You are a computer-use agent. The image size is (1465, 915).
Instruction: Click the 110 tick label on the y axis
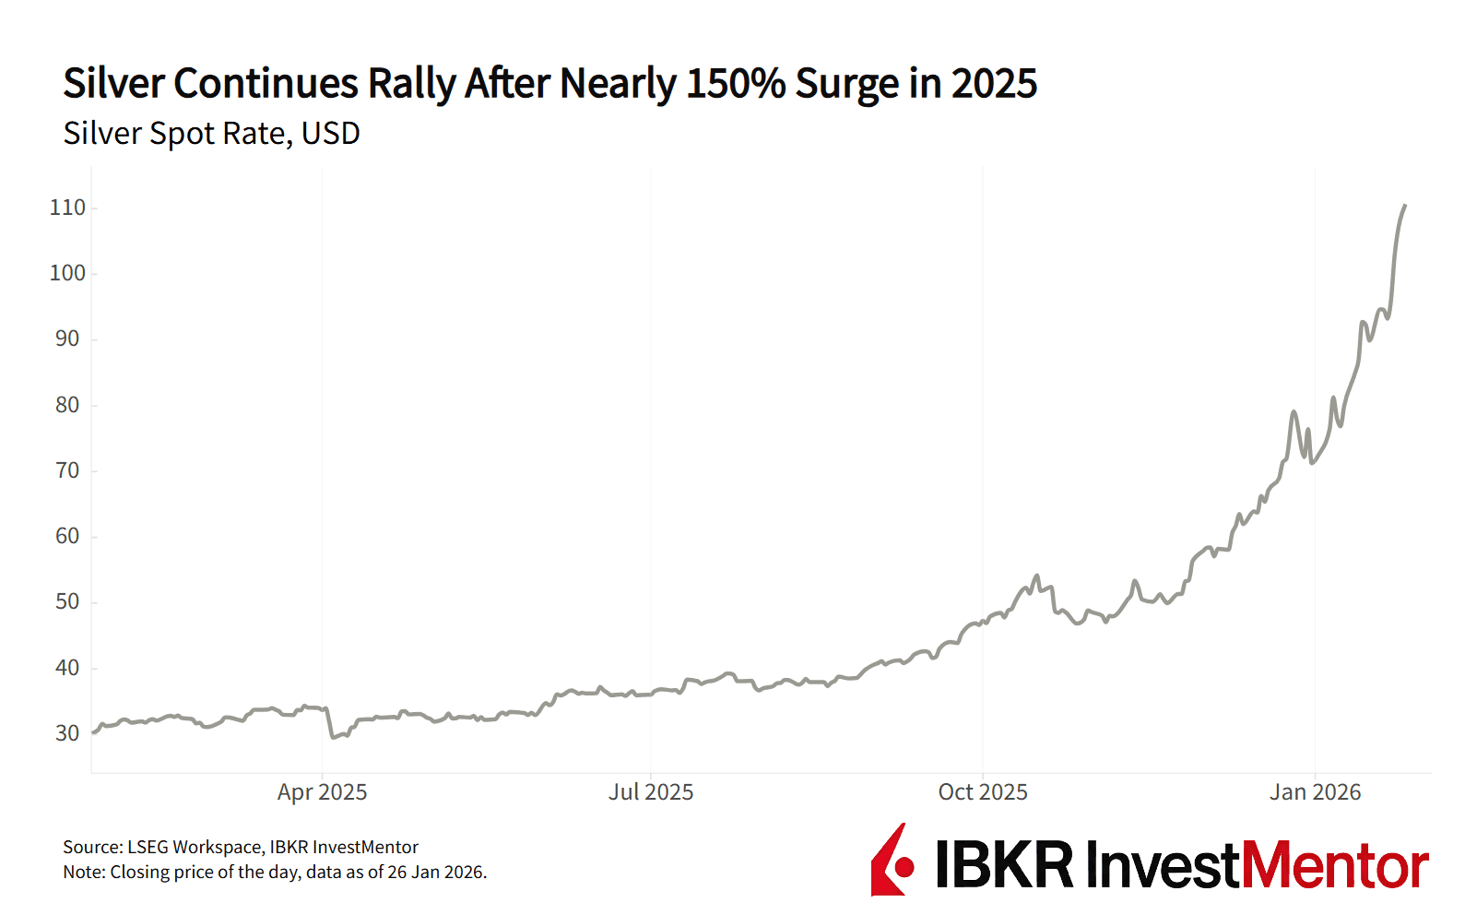[x=67, y=208]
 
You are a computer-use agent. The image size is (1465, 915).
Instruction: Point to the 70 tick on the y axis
[x=67, y=470]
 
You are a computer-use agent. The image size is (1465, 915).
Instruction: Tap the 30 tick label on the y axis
[x=67, y=733]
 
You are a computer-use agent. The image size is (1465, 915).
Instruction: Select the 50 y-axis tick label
[x=67, y=601]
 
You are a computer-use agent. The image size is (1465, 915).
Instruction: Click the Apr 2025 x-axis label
[x=322, y=792]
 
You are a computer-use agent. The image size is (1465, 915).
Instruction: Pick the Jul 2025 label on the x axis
[x=651, y=792]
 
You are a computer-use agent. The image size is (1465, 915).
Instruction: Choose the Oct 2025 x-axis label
[x=982, y=792]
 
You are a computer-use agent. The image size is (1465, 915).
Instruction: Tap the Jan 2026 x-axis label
[x=1315, y=792]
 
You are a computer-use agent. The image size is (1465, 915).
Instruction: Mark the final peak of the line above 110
[x=1404, y=206]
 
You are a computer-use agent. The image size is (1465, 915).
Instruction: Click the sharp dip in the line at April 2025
[x=333, y=737]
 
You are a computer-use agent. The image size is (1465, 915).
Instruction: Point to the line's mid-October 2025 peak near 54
[x=1037, y=576]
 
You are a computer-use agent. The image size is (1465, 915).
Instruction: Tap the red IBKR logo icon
[x=892, y=861]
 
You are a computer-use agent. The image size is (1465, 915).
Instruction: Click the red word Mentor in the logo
[x=1335, y=866]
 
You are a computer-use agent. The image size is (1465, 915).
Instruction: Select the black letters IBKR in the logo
[x=1005, y=866]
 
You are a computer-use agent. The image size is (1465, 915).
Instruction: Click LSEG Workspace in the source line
[x=194, y=847]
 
